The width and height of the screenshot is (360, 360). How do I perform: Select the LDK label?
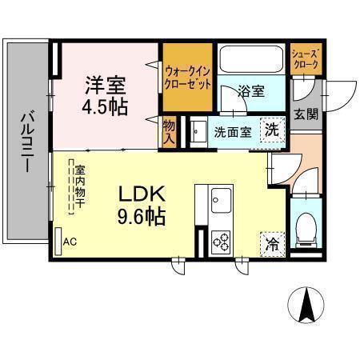click(x=142, y=194)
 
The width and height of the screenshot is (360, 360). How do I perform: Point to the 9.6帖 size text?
click(x=142, y=217)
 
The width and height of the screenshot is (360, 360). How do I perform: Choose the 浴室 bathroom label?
click(x=250, y=90)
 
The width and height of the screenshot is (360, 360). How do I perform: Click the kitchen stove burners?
click(x=219, y=241)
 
